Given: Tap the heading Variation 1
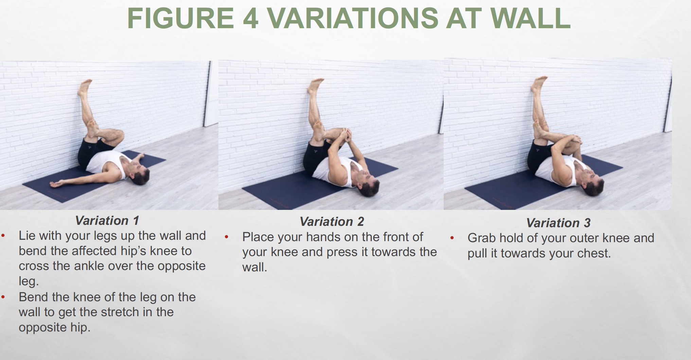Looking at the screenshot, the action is point(107,221).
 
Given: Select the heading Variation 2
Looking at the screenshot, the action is point(332,222).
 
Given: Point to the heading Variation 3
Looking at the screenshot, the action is point(558,223).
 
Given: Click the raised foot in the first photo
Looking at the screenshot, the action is point(85,87).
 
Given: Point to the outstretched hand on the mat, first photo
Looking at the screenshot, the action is point(56,184).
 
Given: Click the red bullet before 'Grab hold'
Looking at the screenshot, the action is point(452,238).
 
